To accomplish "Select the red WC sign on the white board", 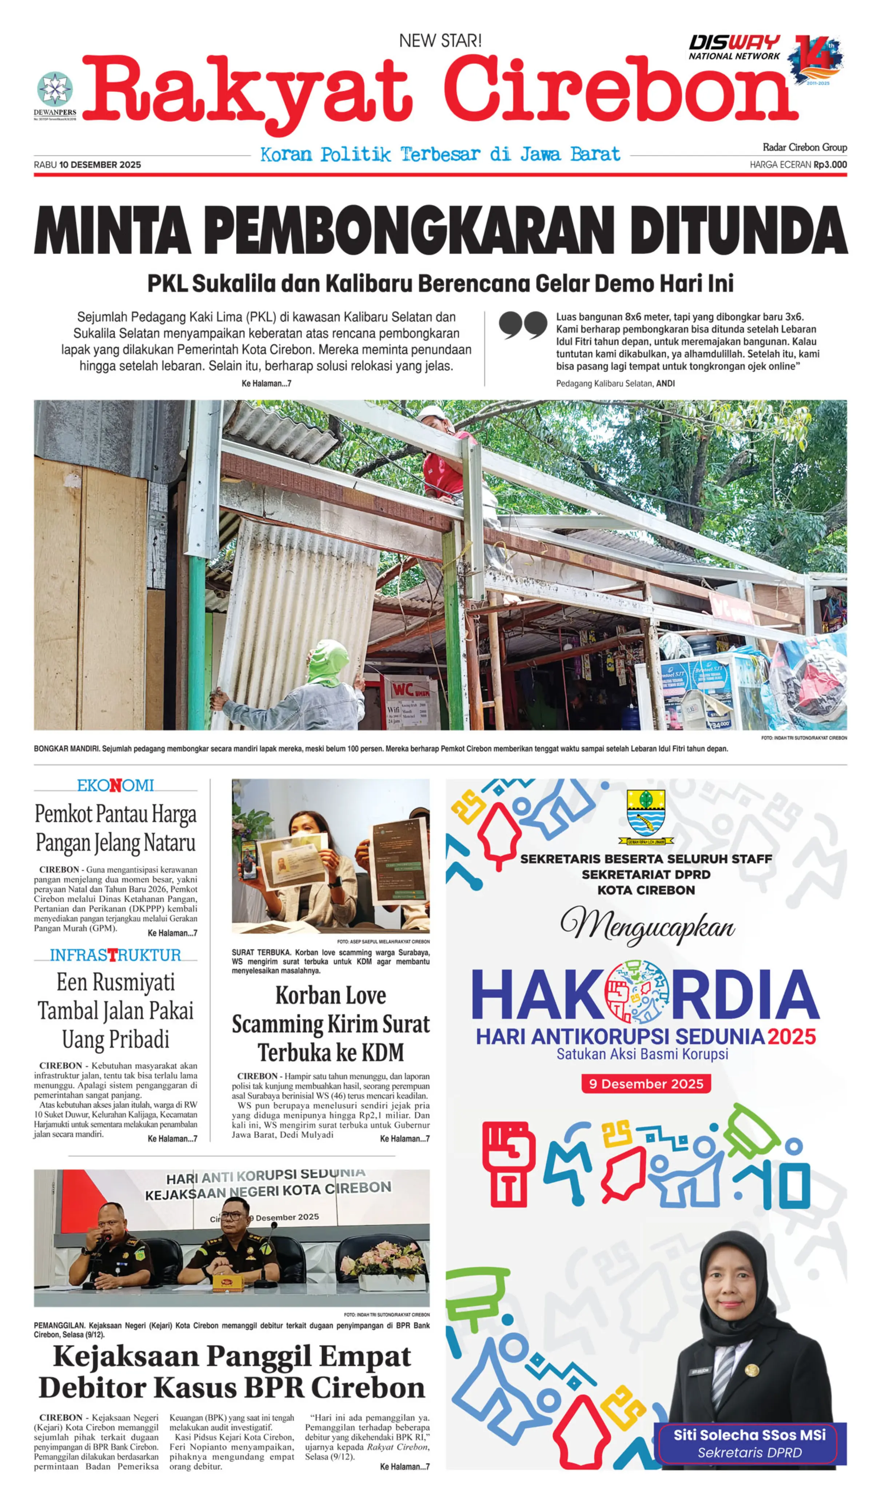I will [410, 690].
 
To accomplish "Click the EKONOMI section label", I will [115, 785].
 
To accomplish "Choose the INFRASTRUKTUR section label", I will [115, 954].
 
